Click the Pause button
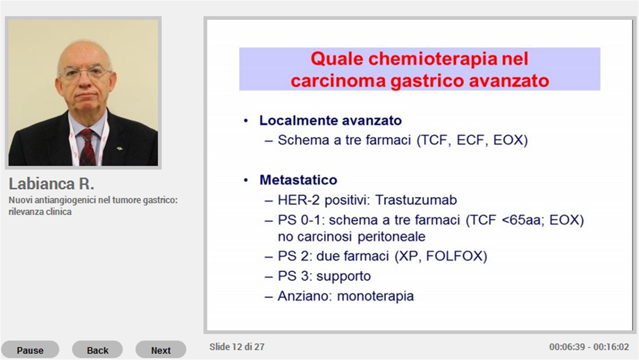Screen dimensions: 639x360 30,350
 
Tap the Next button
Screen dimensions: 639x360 161,350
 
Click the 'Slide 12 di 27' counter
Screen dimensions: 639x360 237,347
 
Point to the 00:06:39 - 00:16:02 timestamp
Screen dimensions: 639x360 589,347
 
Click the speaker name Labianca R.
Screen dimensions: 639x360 51,184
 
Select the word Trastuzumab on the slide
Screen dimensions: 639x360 416,200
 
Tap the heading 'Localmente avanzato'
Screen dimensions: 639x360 331,120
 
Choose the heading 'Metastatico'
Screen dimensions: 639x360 298,180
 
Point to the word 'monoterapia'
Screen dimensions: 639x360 375,296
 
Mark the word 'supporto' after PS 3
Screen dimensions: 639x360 344,276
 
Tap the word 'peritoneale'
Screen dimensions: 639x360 391,237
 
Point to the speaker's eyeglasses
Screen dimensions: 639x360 85,73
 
